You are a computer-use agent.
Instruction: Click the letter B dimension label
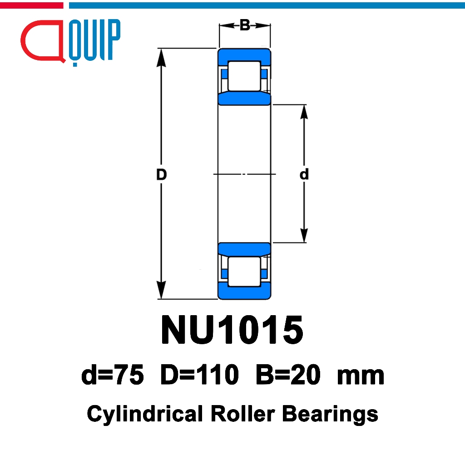coord(245,25)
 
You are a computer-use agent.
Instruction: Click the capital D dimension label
coord(161,174)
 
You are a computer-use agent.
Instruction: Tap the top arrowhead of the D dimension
coord(161,58)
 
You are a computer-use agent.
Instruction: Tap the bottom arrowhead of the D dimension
coord(161,290)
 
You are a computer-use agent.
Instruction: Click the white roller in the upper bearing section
coord(244,76)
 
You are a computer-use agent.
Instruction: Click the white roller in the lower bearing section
coord(244,272)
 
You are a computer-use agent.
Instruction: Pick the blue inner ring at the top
coord(244,98)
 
